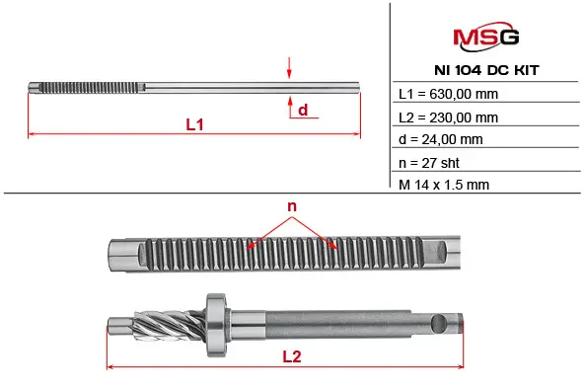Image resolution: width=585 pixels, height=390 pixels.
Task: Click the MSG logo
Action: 485,37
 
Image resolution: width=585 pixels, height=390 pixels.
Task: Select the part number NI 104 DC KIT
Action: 486,70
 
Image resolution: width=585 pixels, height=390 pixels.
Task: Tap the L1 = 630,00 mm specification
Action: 448,94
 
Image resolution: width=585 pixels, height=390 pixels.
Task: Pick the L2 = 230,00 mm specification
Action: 448,117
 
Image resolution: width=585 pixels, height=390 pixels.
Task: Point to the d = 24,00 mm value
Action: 441,139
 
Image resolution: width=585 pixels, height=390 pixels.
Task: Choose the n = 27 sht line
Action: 429,163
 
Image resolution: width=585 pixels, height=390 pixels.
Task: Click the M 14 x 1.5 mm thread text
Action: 444,185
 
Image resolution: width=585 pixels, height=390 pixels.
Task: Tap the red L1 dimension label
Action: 194,124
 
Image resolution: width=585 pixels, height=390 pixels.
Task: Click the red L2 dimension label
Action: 292,356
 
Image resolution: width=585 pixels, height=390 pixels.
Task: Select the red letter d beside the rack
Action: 303,110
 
